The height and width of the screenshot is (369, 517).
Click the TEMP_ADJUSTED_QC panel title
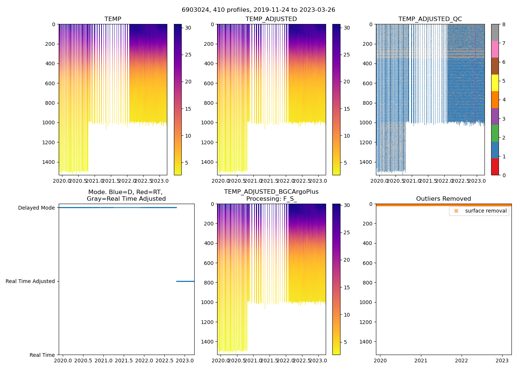[430, 19]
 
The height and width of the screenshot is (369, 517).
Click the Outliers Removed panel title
[443, 199]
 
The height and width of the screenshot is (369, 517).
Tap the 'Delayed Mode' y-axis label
[36, 208]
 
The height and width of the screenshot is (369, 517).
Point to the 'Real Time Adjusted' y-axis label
[30, 281]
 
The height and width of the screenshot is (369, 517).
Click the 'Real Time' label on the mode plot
[42, 355]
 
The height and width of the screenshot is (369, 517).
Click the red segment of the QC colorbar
[495, 167]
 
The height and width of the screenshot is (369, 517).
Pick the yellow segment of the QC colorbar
[495, 83]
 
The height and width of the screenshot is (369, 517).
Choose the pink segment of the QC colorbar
[495, 49]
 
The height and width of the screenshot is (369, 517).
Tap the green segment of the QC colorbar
[495, 133]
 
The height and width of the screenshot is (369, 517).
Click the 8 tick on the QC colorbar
[503, 24]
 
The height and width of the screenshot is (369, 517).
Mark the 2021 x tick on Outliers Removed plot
[421, 361]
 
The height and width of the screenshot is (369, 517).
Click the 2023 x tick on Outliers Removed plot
[502, 361]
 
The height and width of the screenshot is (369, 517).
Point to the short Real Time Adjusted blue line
[185, 281]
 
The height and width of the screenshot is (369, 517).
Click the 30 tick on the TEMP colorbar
[188, 28]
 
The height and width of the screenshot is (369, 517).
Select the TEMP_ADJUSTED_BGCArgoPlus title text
[271, 192]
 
